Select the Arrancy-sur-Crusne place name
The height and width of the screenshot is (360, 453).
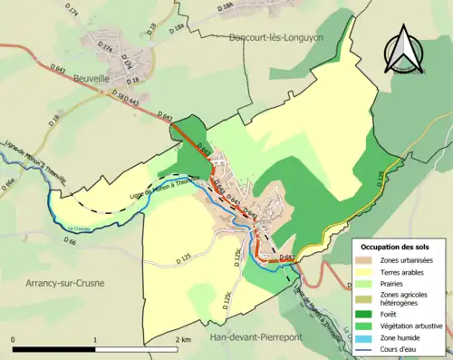point(53,283)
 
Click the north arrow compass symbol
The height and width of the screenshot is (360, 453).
point(406,51)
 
